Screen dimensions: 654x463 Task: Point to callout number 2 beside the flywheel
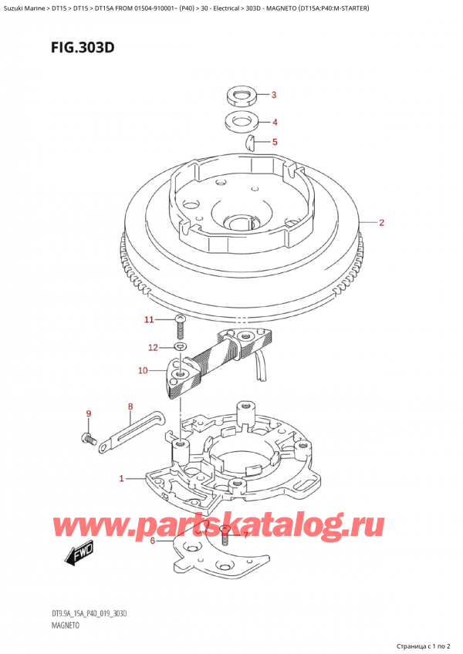click(381, 223)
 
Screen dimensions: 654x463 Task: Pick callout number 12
click(153, 347)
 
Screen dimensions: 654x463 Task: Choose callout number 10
click(142, 371)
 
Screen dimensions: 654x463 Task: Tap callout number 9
click(89, 414)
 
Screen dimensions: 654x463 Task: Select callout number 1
click(121, 479)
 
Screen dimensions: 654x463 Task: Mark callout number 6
click(153, 541)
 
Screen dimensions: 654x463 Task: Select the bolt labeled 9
click(87, 440)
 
